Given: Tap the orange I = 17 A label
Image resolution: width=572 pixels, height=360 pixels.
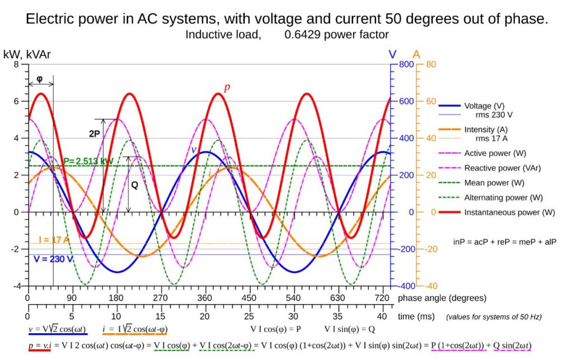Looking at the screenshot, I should (x=54, y=240).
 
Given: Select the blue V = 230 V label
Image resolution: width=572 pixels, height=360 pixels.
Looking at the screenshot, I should (x=54, y=259).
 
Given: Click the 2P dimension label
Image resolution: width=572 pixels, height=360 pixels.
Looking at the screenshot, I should (x=94, y=134).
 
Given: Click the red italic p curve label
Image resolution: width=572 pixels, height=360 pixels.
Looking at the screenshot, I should (x=227, y=88).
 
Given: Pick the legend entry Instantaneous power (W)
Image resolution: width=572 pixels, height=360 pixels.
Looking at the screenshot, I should (x=509, y=212).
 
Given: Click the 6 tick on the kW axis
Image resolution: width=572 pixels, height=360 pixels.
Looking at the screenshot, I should (x=16, y=101).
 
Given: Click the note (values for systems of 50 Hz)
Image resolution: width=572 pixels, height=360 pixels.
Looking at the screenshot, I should (x=493, y=317).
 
